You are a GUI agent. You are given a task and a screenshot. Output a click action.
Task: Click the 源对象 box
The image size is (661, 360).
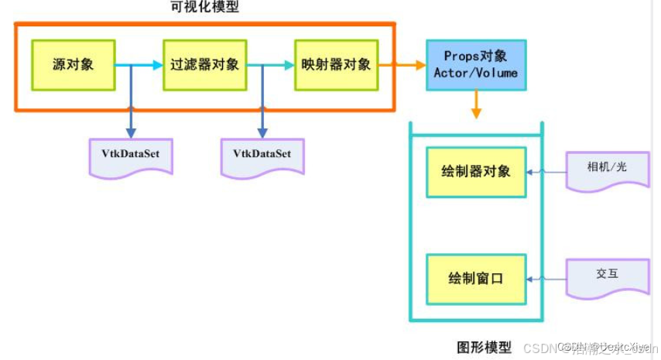(73, 65)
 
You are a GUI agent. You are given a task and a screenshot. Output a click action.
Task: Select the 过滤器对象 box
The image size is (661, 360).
(205, 65)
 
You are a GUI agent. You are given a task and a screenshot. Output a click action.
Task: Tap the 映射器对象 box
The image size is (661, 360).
(336, 65)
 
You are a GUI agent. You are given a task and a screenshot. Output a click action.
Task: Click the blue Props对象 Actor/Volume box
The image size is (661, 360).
(475, 65)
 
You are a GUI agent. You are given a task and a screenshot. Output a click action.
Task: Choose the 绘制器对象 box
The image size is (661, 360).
(476, 171)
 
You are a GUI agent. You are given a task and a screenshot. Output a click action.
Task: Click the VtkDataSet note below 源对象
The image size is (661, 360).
(131, 155)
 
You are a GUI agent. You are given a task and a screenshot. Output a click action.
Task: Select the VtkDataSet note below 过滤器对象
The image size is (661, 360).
(262, 155)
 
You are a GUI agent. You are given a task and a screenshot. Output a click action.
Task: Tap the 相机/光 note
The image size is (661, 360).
(607, 168)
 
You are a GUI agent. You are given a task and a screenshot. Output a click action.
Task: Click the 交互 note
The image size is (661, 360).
(607, 276)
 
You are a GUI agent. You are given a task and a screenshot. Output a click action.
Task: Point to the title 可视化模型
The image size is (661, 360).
(204, 9)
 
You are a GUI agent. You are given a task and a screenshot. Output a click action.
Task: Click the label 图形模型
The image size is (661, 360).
(484, 347)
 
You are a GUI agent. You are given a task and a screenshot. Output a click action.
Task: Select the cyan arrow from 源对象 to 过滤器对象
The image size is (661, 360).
(139, 66)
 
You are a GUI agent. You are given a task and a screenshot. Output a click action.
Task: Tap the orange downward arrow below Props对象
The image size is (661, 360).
(476, 105)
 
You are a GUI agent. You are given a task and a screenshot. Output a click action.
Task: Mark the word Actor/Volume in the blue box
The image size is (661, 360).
(475, 74)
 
